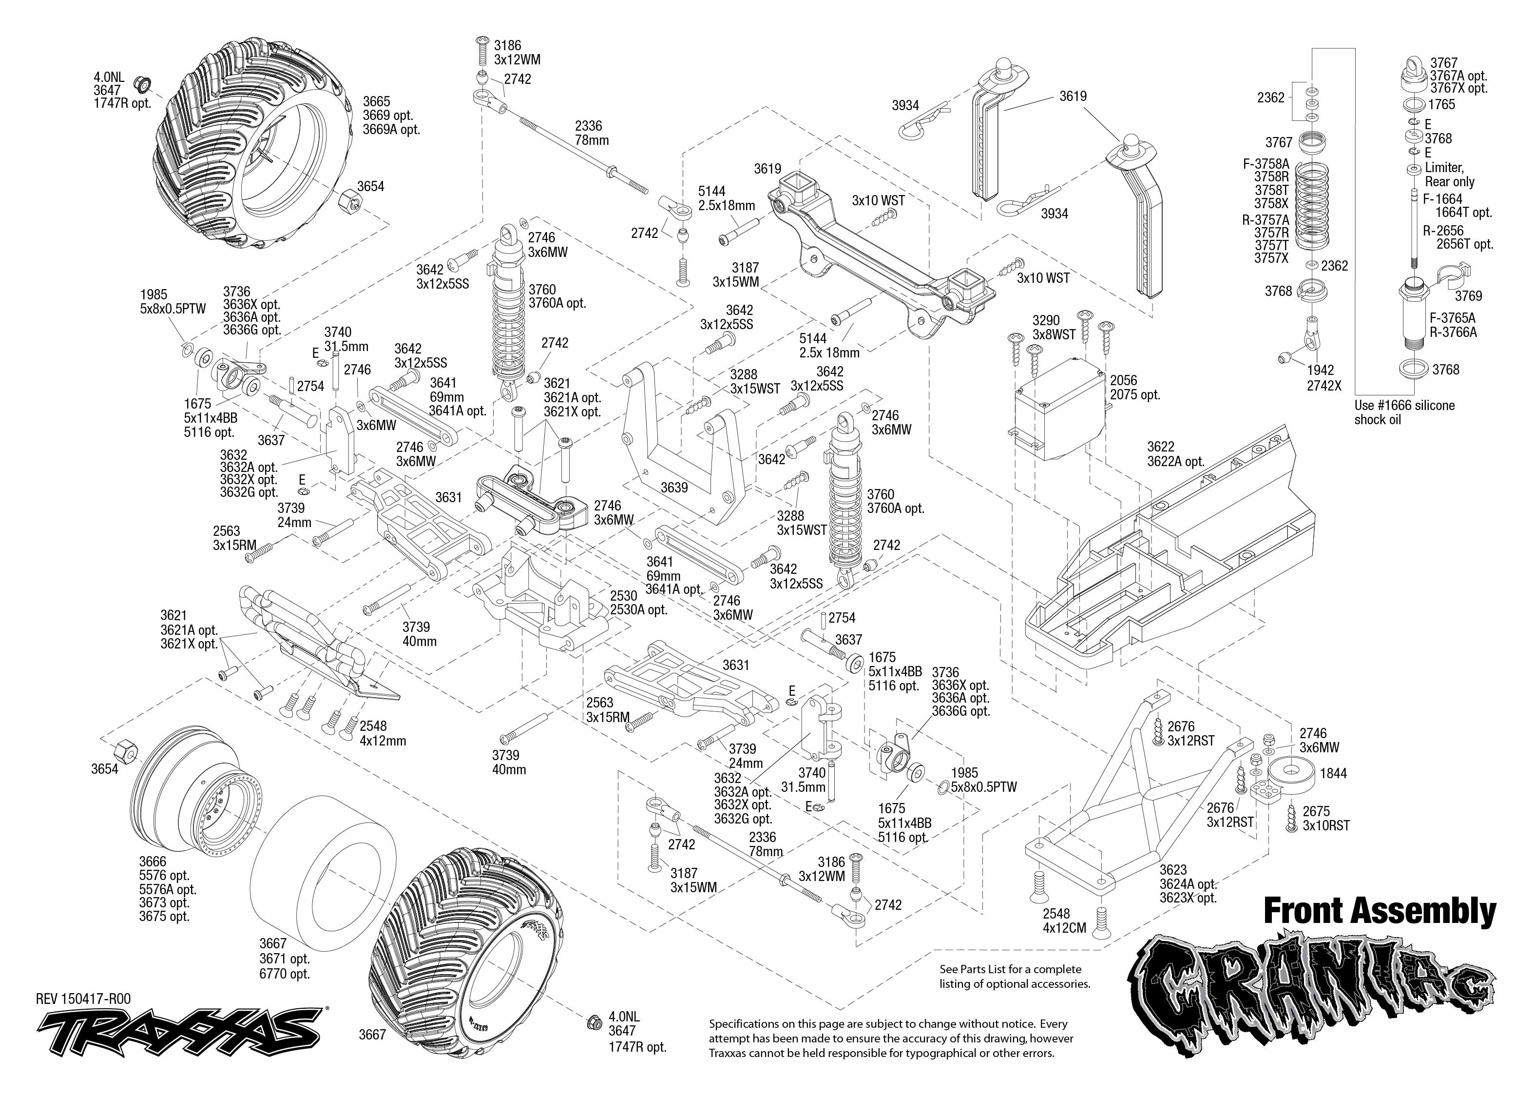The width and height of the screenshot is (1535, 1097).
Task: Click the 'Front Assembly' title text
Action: click(x=1380, y=911)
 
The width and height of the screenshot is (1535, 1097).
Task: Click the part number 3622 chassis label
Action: click(x=1160, y=447)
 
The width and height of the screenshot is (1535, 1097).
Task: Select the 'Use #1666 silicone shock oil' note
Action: click(x=1404, y=412)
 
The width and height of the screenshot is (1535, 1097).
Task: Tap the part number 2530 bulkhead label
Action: click(x=623, y=596)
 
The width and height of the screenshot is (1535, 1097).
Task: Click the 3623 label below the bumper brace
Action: click(x=1173, y=870)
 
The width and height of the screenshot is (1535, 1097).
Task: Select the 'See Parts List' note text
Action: click(x=1015, y=976)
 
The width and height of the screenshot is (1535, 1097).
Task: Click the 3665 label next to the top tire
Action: click(x=376, y=101)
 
